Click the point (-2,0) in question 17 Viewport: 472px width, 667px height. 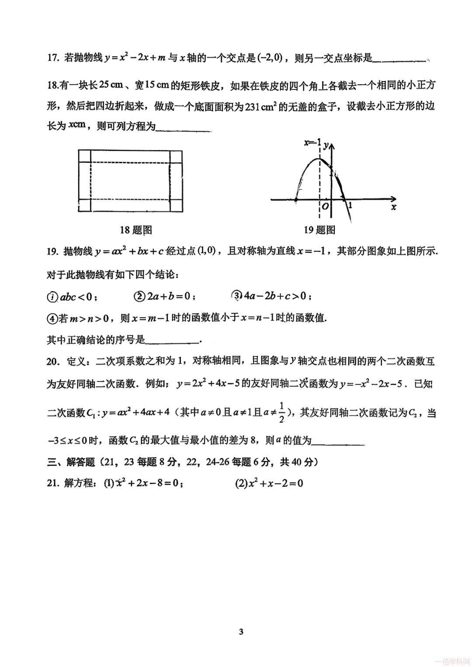click(x=270, y=57)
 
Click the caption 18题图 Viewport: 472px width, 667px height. click(x=135, y=230)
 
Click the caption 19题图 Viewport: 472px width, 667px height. click(x=319, y=230)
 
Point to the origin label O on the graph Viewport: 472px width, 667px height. click(x=325, y=206)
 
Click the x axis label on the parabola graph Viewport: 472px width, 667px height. click(x=393, y=207)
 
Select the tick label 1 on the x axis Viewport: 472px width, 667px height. click(x=350, y=205)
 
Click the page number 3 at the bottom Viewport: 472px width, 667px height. click(x=241, y=632)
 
